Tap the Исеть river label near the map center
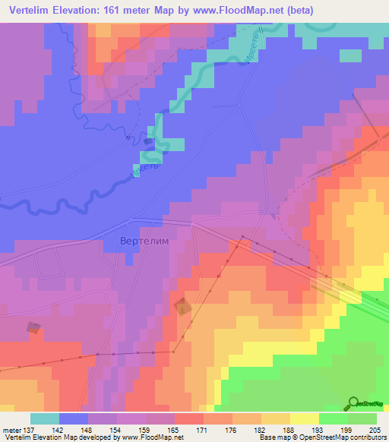[145, 171]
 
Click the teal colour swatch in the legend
[45, 418]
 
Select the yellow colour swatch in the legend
[305, 418]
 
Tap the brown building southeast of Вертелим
[182, 307]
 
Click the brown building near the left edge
[33, 327]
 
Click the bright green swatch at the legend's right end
[362, 418]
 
